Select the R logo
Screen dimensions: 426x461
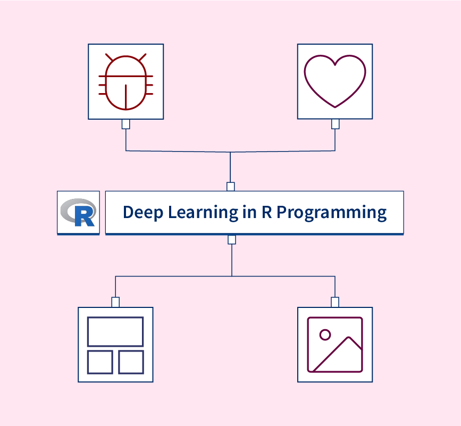[x=78, y=212]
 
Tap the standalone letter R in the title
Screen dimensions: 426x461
[x=266, y=212]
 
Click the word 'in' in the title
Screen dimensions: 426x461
[x=249, y=212]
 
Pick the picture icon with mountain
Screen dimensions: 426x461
[x=335, y=345]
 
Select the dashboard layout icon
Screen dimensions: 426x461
[x=115, y=345]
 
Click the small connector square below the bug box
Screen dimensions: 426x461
[x=126, y=124]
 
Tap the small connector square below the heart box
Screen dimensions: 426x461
[x=335, y=124]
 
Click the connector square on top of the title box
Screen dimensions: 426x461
[x=230, y=187]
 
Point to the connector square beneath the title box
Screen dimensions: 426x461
[x=231, y=240]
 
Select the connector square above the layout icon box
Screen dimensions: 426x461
[x=115, y=302]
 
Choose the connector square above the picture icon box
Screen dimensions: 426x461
[x=335, y=302]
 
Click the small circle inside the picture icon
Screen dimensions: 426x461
[x=325, y=335]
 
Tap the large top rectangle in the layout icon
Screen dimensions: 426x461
[x=115, y=331]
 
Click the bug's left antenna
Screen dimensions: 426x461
[x=110, y=57]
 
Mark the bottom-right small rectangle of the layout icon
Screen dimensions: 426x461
[x=131, y=362]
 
